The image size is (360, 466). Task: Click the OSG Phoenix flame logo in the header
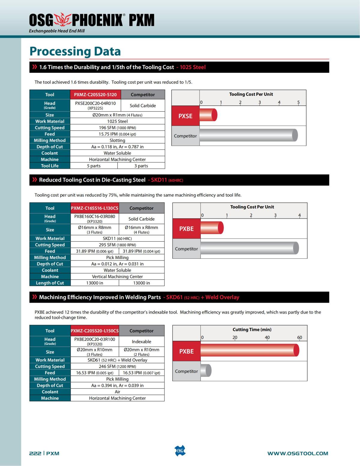[x=62, y=20]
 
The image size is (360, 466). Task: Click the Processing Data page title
[x=75, y=51]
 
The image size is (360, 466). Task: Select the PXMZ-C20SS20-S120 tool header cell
[x=95, y=95]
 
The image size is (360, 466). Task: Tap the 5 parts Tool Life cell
[x=94, y=166]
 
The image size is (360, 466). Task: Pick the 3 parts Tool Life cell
[x=141, y=166]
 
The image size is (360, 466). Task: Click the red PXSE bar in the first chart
[x=208, y=115]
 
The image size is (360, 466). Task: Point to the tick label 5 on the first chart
[x=298, y=102]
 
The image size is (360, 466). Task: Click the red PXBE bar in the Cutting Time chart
[x=250, y=350]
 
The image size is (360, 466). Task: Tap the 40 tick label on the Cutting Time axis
[x=267, y=338]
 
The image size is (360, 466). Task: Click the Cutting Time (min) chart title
[x=252, y=329]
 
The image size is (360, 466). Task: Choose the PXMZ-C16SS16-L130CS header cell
[x=94, y=208]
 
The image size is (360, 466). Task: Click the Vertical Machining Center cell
[x=117, y=277]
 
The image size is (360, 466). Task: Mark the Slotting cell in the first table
[x=117, y=140]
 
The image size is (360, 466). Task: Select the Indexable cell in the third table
[x=141, y=341]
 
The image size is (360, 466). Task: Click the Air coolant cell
[x=117, y=392]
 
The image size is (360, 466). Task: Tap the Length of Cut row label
[x=50, y=283]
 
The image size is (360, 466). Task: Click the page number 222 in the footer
[x=35, y=453]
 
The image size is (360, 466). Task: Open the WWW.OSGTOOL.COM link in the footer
[x=298, y=453]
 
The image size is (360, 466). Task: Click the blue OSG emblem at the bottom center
[x=180, y=451]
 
